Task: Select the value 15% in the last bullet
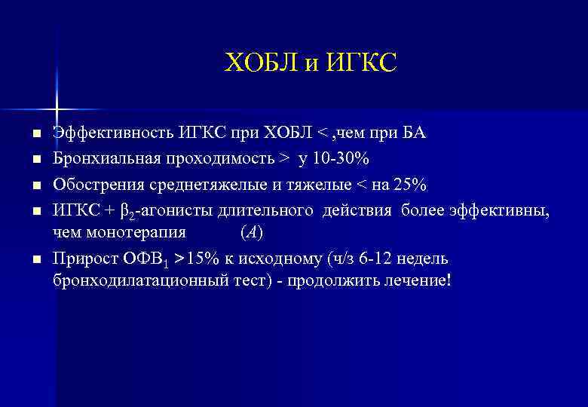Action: (206, 259)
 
